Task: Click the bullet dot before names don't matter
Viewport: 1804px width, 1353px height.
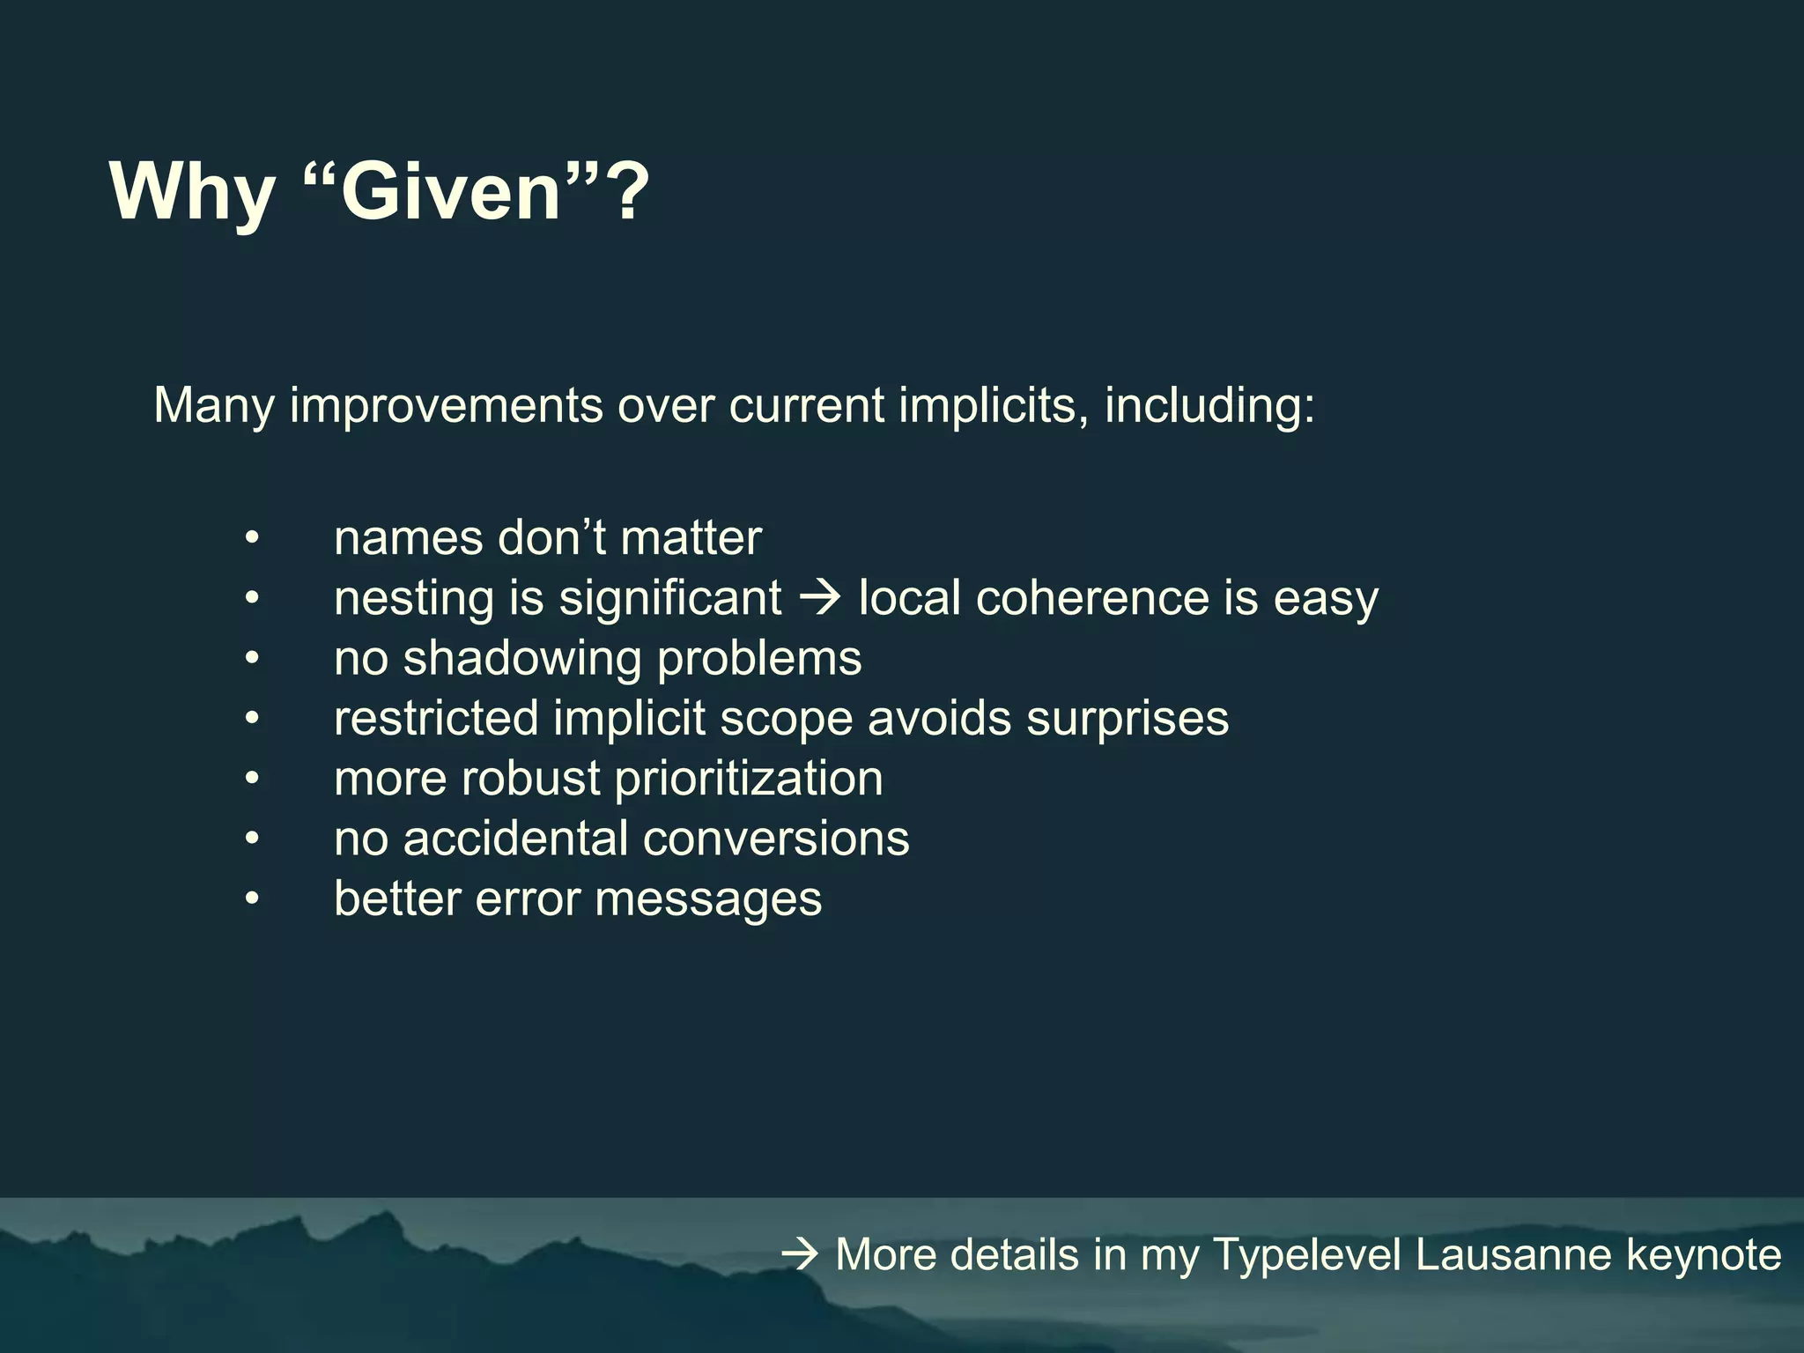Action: [253, 538]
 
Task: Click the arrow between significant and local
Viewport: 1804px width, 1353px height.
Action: [820, 598]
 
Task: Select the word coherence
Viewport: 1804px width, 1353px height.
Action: [1091, 598]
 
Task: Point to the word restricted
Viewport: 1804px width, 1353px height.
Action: [436, 718]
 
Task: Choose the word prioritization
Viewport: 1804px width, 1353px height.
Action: [748, 779]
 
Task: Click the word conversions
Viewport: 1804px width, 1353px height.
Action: [776, 839]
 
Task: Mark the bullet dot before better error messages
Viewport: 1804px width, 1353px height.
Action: [253, 899]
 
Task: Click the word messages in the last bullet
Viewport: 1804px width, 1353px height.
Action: [708, 899]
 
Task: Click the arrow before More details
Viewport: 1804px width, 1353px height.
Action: [800, 1254]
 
